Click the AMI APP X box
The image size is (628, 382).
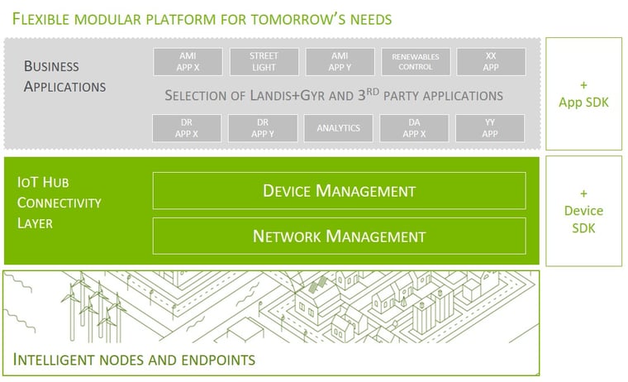pyautogui.click(x=188, y=62)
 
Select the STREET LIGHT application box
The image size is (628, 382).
pyautogui.click(x=264, y=62)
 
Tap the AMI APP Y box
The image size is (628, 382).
pyautogui.click(x=340, y=62)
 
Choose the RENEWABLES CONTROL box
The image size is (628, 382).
pyautogui.click(x=416, y=62)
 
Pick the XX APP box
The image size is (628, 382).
pyautogui.click(x=491, y=62)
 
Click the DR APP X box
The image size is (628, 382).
pyautogui.click(x=187, y=128)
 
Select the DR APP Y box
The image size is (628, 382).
pyautogui.click(x=263, y=128)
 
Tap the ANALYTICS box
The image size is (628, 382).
pyautogui.click(x=339, y=128)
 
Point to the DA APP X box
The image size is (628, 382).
pyautogui.click(x=415, y=128)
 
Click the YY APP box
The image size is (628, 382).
pyautogui.click(x=490, y=128)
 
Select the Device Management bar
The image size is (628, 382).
pyautogui.click(x=340, y=191)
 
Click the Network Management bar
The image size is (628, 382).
pyautogui.click(x=340, y=236)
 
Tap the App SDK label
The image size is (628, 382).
pyautogui.click(x=583, y=103)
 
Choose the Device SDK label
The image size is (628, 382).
pyautogui.click(x=583, y=219)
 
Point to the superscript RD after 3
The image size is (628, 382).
pyautogui.click(x=373, y=92)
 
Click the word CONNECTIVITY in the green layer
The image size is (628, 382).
pyautogui.click(x=59, y=203)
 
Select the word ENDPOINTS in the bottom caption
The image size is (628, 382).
pyautogui.click(x=218, y=360)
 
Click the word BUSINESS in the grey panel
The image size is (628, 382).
pyautogui.click(x=51, y=66)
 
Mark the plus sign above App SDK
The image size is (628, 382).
pyautogui.click(x=583, y=85)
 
